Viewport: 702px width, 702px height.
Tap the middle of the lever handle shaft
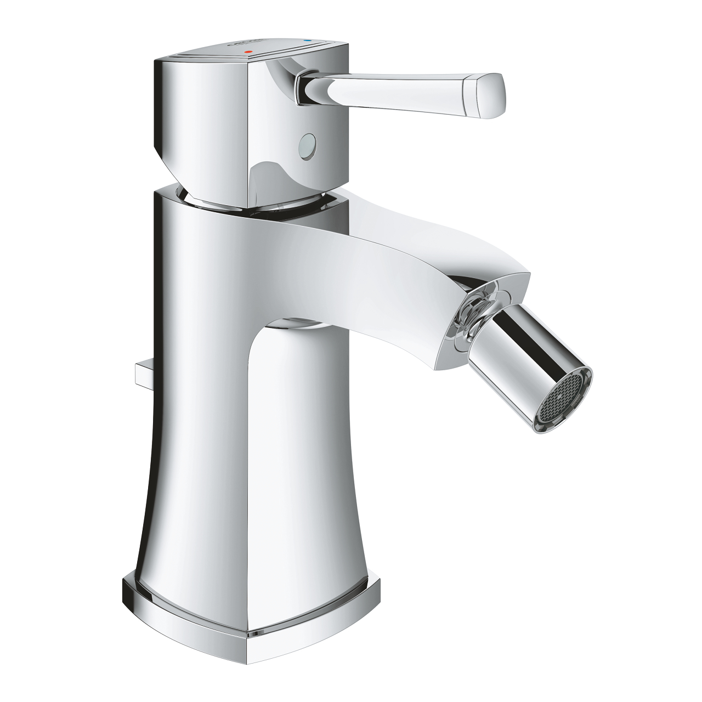(x=384, y=86)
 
